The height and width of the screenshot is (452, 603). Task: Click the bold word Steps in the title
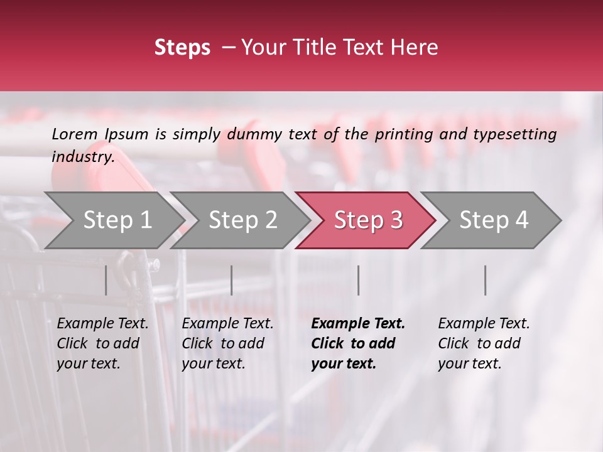pos(182,48)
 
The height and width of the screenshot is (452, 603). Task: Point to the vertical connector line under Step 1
pos(106,280)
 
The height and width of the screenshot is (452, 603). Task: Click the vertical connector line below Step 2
pos(232,280)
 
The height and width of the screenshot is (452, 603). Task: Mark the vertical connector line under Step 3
pos(358,280)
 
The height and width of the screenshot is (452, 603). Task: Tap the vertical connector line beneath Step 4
pos(485,280)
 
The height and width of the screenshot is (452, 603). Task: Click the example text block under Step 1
pos(102,343)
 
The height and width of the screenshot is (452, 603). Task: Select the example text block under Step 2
pos(227,343)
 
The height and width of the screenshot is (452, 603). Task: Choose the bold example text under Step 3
pos(358,343)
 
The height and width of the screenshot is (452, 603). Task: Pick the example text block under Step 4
pos(484,343)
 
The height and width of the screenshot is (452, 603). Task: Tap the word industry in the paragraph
pos(82,156)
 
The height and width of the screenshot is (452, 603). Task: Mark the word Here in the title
pos(416,48)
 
